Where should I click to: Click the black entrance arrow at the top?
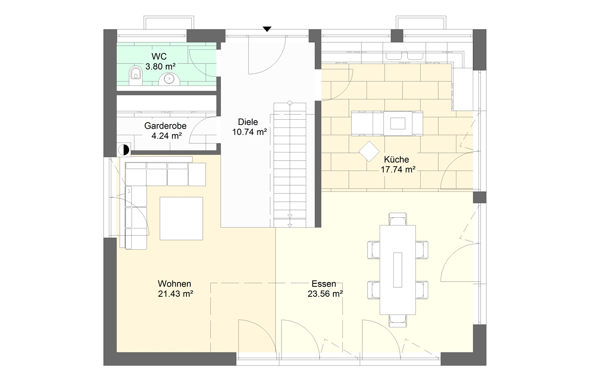267,29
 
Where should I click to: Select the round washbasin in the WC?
169,79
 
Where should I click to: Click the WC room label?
159,56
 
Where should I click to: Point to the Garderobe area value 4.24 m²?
167,136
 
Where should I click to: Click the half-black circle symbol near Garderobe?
123,150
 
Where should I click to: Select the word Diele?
248,122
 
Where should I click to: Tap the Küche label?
396,159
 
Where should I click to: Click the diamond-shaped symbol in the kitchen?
369,152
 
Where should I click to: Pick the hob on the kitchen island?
398,124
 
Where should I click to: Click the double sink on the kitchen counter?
406,56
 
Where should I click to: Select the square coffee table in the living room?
181,219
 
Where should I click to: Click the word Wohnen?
174,284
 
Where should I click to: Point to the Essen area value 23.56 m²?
325,294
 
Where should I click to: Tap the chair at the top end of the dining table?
398,219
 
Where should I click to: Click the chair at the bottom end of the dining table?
398,321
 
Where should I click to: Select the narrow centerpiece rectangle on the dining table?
398,270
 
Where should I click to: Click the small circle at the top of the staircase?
290,103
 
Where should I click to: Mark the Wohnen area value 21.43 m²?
175,294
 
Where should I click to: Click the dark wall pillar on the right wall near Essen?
479,197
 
